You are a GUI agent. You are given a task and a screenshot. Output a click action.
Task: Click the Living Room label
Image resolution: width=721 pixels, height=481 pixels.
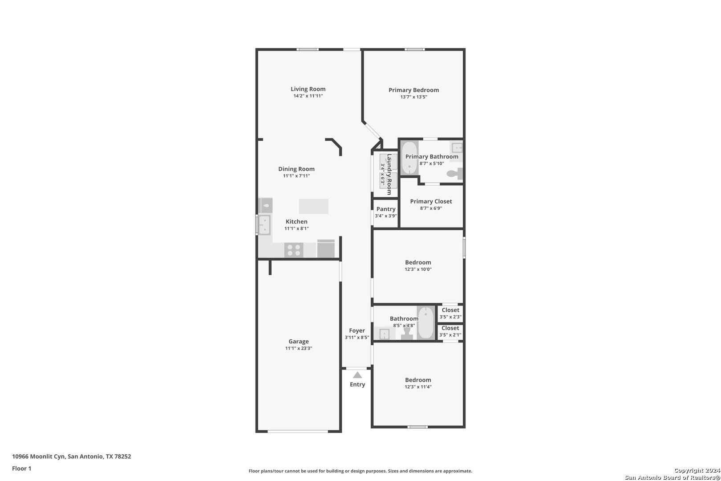[308, 89]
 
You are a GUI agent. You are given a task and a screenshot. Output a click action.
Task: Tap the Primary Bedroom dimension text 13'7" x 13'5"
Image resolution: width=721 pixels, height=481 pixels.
[413, 97]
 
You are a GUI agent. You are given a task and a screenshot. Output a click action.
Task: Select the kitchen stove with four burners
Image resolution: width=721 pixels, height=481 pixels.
[294, 250]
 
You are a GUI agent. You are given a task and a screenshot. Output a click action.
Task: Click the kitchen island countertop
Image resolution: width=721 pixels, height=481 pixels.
[313, 207]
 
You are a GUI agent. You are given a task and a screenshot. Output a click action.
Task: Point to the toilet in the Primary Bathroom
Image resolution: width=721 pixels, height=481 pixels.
[455, 174]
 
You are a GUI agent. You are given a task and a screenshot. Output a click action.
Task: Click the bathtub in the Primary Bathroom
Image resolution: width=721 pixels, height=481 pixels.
[409, 158]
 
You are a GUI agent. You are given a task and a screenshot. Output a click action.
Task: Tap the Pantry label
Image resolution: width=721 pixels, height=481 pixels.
[386, 209]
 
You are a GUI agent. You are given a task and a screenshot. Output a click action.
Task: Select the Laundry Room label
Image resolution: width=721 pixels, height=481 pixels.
[389, 174]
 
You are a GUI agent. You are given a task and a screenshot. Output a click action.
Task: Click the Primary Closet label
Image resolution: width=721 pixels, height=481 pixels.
[431, 201]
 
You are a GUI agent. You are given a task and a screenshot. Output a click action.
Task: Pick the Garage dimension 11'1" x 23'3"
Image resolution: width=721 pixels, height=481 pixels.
[299, 348]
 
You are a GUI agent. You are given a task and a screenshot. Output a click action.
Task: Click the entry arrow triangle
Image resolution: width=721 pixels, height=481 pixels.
[357, 375]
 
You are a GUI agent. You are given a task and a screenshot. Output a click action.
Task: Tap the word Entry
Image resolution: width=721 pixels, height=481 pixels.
[357, 384]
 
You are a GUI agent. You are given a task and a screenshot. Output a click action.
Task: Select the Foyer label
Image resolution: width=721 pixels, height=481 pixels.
[357, 330]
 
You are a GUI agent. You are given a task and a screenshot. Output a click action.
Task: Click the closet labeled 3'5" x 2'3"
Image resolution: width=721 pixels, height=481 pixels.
[450, 313]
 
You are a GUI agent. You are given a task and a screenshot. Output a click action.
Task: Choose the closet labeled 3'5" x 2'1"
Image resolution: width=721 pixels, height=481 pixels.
[450, 331]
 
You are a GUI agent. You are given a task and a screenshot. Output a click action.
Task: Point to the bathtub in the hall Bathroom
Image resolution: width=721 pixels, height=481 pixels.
[426, 322]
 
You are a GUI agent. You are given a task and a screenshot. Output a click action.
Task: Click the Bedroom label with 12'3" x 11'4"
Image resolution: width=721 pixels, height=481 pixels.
[418, 380]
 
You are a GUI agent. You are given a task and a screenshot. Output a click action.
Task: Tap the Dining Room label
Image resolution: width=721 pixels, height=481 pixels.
[296, 169]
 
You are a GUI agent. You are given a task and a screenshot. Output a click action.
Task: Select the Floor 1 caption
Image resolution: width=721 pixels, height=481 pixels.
[21, 469]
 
